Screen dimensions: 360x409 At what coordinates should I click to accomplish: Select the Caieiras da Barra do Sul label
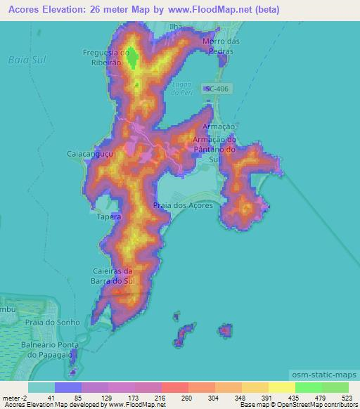(x=112, y=275)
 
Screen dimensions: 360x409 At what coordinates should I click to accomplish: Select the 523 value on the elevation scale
(x=347, y=398)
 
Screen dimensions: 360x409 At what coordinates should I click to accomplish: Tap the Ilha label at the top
(x=176, y=26)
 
